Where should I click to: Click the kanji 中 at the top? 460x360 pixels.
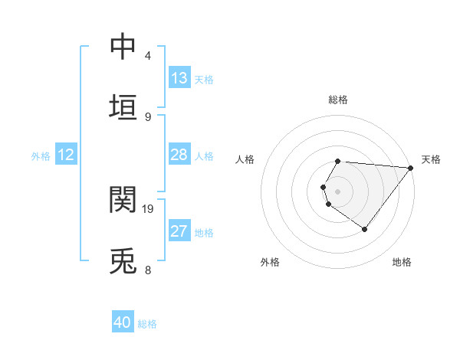coord(123,46)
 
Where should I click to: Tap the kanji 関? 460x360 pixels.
coord(123,199)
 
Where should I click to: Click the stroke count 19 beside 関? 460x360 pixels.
coord(148,208)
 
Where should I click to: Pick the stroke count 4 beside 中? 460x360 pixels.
coord(148,56)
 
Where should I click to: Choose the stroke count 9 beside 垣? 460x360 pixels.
coord(148,116)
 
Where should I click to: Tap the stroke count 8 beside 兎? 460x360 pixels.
coord(148,270)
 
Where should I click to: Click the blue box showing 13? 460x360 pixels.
coord(179,78)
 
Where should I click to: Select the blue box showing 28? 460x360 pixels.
coord(179,155)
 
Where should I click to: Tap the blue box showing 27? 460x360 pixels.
coord(179,231)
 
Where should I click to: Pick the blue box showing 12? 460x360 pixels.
coord(66,155)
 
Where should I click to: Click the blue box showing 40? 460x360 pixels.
coord(123,322)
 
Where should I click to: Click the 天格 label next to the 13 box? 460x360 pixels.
coord(204,79)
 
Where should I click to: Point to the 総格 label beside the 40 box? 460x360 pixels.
coord(147,323)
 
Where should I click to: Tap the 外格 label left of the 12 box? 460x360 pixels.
coord(41,155)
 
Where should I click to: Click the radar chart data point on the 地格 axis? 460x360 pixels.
coord(364,229)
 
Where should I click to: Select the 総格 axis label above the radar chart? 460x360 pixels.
coord(337,100)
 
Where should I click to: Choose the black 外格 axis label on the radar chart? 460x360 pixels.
coord(270,262)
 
